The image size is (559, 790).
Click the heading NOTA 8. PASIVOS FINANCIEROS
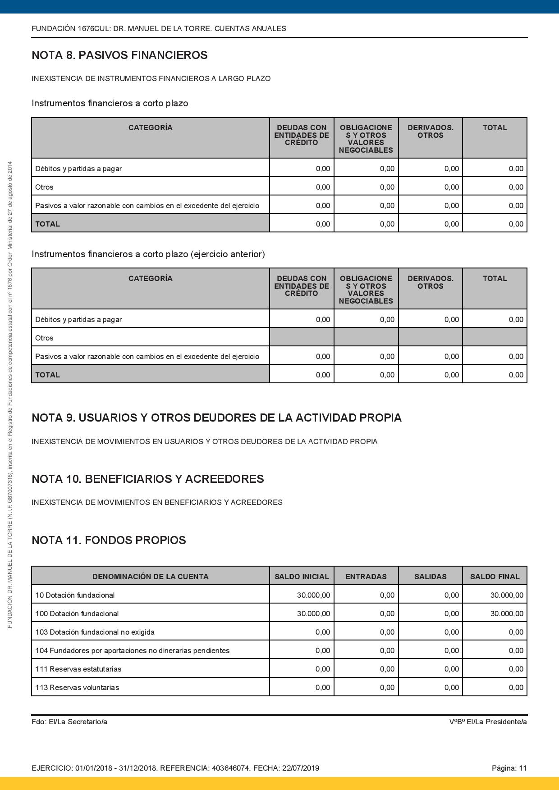point(119,55)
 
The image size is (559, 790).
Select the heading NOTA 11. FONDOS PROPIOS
point(109,540)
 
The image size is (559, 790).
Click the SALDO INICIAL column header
point(302,577)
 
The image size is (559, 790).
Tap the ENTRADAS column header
point(366,577)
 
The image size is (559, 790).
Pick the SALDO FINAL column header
point(495,577)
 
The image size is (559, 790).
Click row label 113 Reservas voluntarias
point(77,687)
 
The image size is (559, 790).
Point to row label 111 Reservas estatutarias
point(78,669)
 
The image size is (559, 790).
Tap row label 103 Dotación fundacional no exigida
point(95,632)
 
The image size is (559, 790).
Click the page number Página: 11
point(509,768)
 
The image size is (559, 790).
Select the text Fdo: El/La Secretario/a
point(69,722)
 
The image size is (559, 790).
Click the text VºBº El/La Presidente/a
point(488,722)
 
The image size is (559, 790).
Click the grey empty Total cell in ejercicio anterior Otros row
point(495,337)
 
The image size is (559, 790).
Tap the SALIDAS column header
point(430,577)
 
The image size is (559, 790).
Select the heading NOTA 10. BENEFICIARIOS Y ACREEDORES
point(147,479)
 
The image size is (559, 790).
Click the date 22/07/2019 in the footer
point(301,768)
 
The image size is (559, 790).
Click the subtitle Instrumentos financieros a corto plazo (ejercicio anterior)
point(148,254)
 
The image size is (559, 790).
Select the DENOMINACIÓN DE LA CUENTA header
point(150,577)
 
